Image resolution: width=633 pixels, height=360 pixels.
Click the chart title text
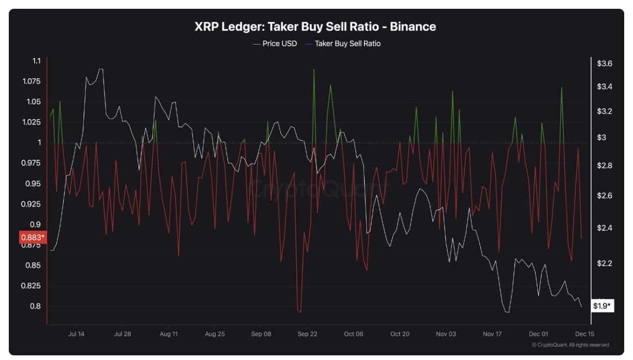point(315,26)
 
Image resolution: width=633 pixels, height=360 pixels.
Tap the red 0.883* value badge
point(33,238)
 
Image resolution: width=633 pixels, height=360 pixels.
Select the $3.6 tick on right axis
point(605,64)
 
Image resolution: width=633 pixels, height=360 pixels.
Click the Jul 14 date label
point(76,334)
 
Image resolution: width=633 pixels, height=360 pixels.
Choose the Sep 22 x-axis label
point(307,334)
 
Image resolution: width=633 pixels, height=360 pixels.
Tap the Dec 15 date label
point(584,334)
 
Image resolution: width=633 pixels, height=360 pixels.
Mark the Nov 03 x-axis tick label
point(446,334)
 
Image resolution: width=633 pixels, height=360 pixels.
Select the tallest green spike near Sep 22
point(314,69)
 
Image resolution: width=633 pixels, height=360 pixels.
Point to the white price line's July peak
point(101,69)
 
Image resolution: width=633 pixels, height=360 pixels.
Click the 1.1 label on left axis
point(36,61)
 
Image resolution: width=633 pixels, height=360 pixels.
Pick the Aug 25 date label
point(215,334)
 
